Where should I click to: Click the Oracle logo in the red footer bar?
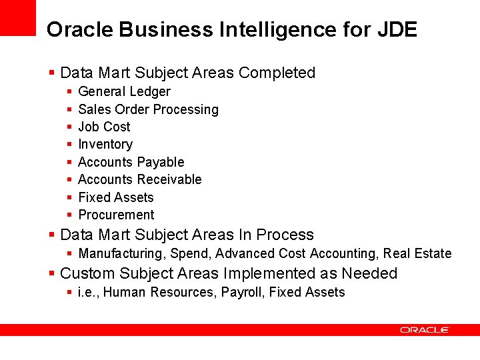425,330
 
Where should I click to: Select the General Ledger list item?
124,91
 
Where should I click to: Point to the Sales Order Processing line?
148,109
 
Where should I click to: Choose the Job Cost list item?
104,127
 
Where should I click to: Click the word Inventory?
105,144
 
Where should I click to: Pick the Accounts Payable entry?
131,162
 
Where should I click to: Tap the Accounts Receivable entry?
139,179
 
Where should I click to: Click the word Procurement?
116,215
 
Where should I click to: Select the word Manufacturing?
122,253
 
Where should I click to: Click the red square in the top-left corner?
17,17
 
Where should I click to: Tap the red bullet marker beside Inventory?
69,145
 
